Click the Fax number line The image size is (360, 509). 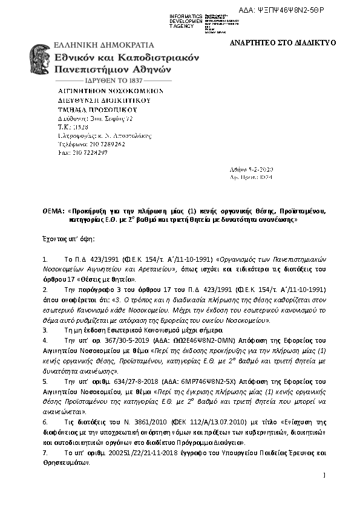click(79, 153)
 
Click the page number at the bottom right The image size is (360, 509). click(324, 476)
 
